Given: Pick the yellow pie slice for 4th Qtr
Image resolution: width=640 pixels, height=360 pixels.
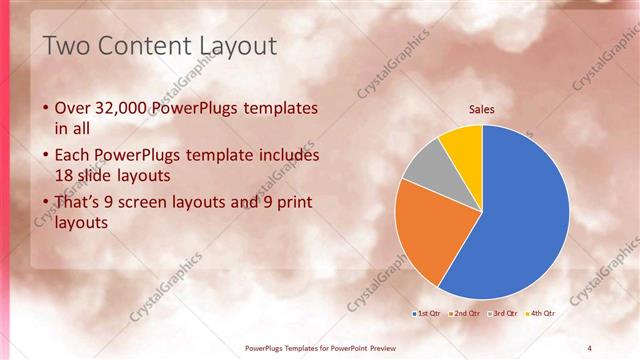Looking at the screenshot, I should tap(463, 142).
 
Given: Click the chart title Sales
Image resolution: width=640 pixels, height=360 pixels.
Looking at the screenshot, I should tap(482, 110).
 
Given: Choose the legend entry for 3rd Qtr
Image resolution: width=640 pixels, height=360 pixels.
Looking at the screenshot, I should tap(501, 314).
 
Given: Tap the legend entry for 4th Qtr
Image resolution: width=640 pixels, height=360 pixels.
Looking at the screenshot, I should tap(537, 314).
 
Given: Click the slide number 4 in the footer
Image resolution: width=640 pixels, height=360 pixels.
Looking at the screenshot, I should tap(589, 348).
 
